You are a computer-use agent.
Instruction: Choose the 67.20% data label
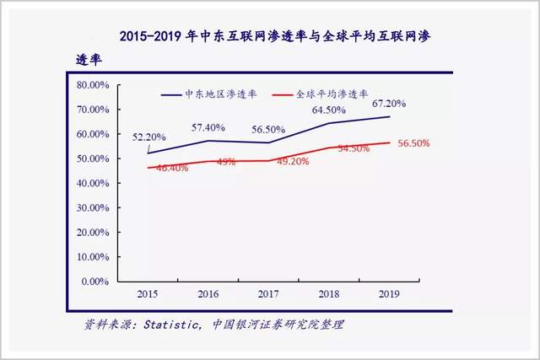[x=387, y=104]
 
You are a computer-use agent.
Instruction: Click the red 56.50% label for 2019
[x=413, y=143]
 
